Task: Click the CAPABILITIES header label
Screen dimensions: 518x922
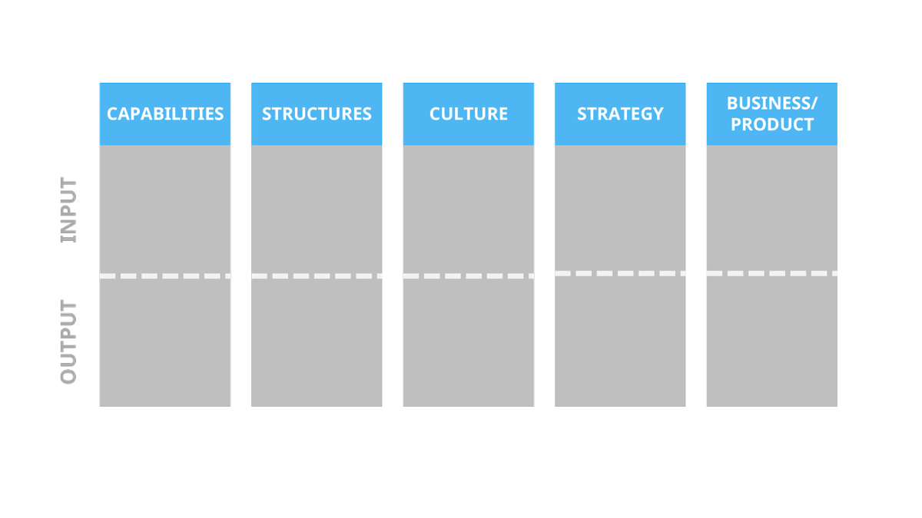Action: coord(165,114)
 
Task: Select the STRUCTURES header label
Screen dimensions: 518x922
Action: coord(317,114)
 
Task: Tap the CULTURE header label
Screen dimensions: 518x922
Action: coord(469,114)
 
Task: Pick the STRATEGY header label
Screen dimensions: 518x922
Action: coord(620,114)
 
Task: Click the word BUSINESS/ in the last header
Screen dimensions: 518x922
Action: coord(771,104)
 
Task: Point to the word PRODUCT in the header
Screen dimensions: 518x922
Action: coord(771,124)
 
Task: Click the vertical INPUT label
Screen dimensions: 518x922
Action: coord(69,210)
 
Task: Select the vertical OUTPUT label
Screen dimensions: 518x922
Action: coord(69,342)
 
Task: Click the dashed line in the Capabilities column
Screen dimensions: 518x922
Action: coord(165,275)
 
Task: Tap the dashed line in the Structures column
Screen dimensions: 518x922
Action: coord(317,275)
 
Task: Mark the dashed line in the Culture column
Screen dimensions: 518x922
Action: coord(469,275)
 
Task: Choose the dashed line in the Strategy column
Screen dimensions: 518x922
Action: coord(620,273)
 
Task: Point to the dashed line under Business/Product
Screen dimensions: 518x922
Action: coord(771,273)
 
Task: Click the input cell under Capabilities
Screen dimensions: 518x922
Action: coord(165,209)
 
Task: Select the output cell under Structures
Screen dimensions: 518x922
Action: coord(317,342)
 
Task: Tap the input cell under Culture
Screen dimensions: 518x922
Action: coord(469,209)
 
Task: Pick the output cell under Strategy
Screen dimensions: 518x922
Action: coord(620,341)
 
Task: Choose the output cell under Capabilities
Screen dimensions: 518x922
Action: coord(165,342)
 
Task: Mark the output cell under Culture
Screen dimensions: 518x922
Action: coord(469,342)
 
